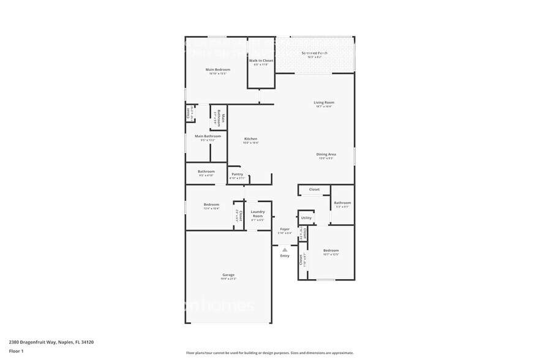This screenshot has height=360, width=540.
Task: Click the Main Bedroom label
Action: coord(217,70)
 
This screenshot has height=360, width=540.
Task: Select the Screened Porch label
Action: coord(314,53)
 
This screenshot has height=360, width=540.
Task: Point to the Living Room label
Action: coord(324,103)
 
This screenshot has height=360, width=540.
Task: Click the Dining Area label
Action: coord(326,154)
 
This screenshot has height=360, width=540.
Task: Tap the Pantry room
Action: coord(237,174)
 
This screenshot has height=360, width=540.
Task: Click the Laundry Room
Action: coord(258,215)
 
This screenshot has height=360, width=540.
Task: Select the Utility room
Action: coord(306,218)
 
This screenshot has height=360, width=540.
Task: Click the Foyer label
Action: coord(285,230)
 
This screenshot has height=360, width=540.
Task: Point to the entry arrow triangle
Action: coord(285,249)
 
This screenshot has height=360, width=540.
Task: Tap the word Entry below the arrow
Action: coord(285,256)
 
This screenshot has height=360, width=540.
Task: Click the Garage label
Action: coord(228,276)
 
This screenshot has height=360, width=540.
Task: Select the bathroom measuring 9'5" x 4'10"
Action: coord(206,172)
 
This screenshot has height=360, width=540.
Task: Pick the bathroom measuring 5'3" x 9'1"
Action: coord(342,203)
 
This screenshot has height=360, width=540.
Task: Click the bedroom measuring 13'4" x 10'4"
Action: coord(211,205)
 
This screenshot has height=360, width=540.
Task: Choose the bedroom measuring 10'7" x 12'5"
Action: coord(331,251)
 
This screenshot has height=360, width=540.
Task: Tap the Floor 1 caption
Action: coord(17,351)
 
